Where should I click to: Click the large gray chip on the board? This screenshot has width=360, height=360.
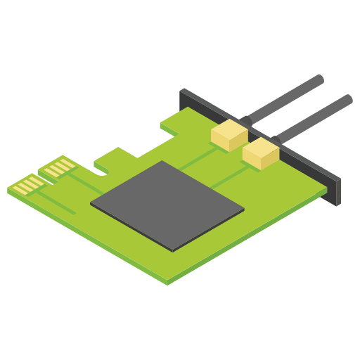(167, 205)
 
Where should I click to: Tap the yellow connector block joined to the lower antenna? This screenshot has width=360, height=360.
(261, 153)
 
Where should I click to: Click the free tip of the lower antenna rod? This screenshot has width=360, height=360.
(348, 99)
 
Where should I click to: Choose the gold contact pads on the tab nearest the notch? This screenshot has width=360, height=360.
(58, 167)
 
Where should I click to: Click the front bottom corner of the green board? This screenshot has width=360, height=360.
(167, 282)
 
